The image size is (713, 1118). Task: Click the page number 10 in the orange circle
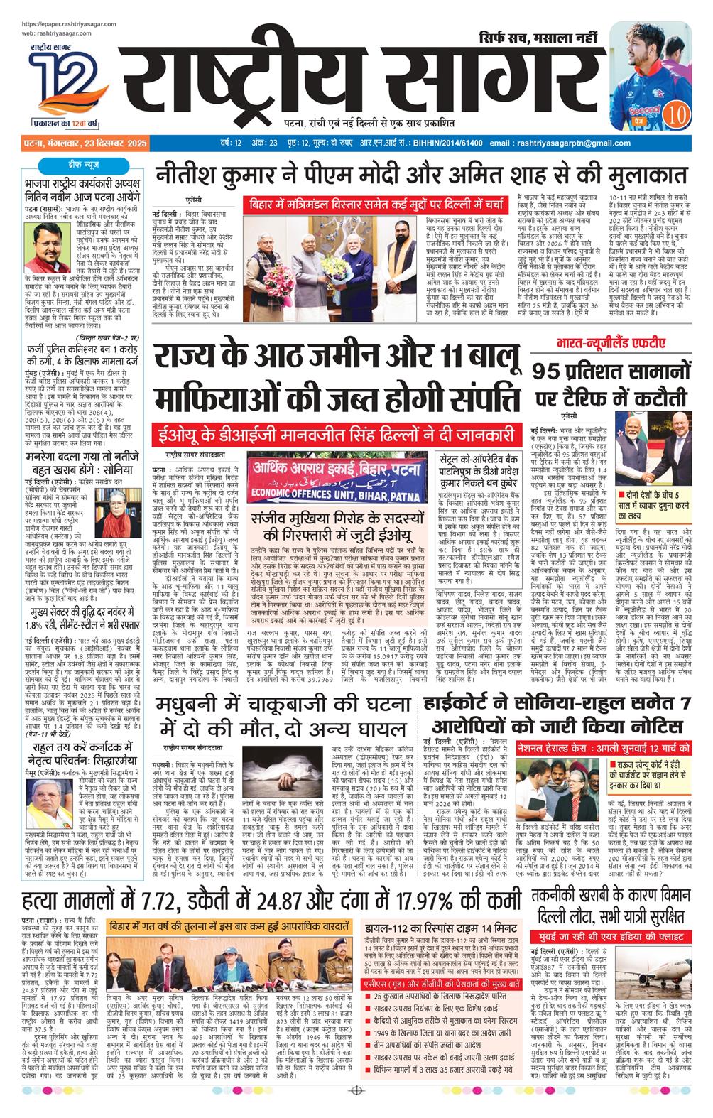point(677,112)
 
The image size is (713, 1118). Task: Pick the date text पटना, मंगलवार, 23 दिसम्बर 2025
point(84,143)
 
